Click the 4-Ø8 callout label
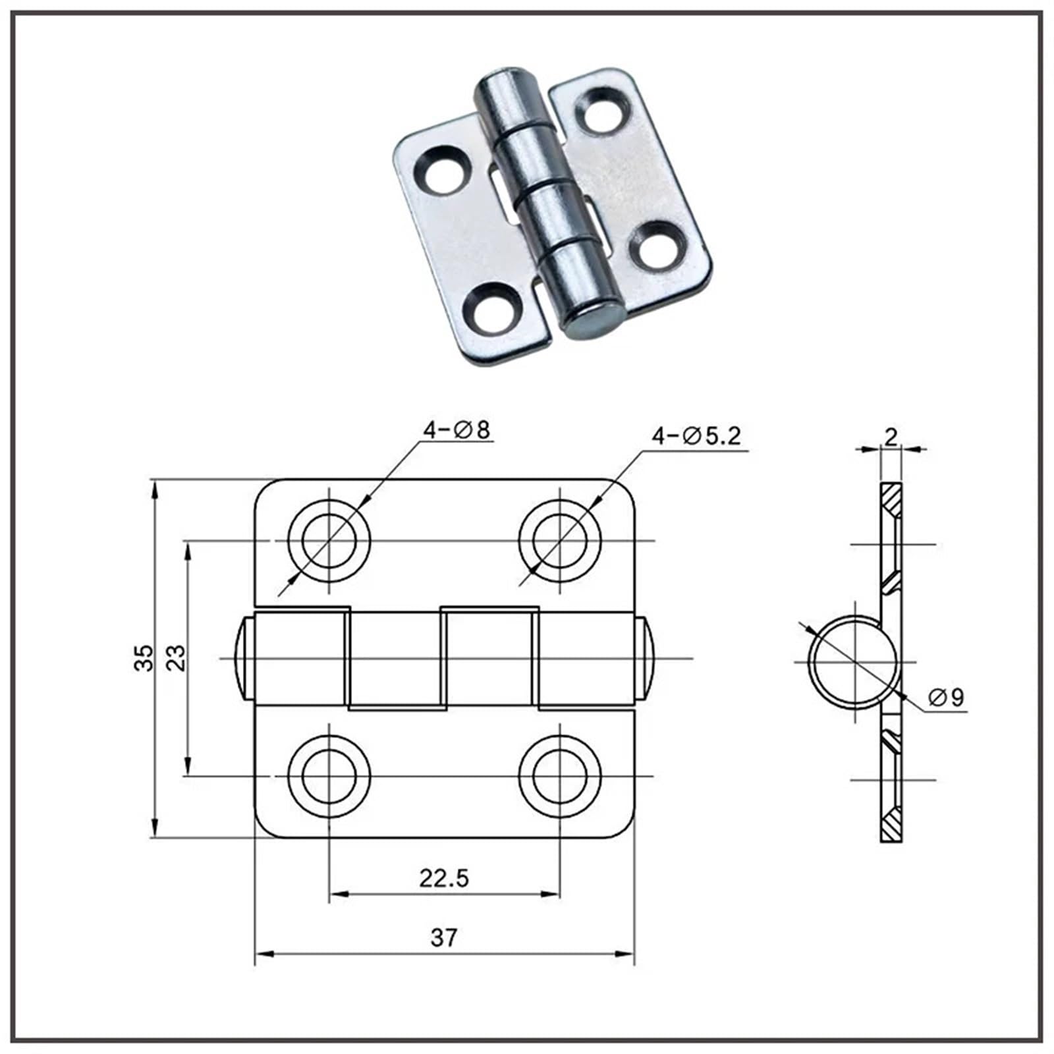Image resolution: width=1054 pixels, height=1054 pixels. click(457, 430)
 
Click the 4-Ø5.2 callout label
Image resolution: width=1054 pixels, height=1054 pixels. click(696, 435)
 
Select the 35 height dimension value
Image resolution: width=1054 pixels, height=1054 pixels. click(144, 657)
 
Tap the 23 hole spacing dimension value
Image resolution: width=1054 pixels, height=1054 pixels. click(176, 657)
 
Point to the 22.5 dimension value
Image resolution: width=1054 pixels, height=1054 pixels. click(444, 878)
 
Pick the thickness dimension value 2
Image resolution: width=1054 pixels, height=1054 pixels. click(891, 437)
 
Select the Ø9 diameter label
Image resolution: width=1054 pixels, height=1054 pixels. click(946, 697)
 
